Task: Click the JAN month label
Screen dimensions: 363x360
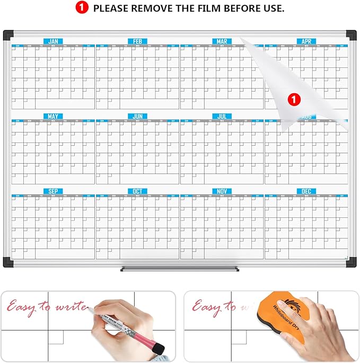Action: pos(53,41)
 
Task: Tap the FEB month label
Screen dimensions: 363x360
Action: pos(137,41)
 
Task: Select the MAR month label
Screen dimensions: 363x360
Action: pos(222,41)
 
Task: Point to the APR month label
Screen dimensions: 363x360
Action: pos(306,41)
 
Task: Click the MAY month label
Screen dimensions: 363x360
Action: pos(53,116)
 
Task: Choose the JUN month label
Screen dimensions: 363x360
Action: pos(137,116)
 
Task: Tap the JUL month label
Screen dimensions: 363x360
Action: pos(222,116)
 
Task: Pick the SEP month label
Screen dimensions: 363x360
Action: pos(53,191)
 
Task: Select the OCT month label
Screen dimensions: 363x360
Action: pos(137,191)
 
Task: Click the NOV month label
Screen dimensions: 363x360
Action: pos(222,191)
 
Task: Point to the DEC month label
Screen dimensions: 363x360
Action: pos(306,191)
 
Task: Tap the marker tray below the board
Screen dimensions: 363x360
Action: pos(180,269)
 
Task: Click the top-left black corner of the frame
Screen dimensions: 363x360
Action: pos(8,36)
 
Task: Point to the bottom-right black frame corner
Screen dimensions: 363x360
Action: pos(350,261)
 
